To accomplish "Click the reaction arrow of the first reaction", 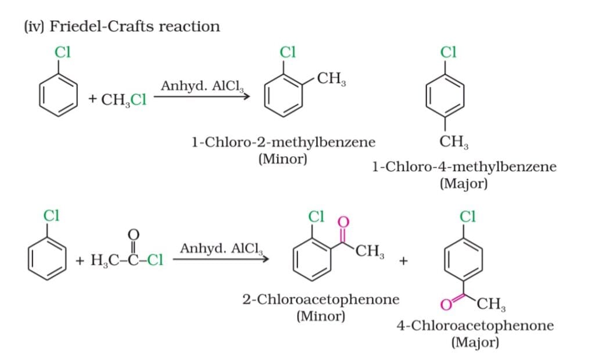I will tap(201, 96).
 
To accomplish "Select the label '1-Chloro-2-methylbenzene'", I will tap(283, 142).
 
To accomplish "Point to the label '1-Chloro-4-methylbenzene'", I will tap(464, 167).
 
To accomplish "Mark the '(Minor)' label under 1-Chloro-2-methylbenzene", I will tap(282, 159).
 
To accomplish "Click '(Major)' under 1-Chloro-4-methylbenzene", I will tap(464, 184).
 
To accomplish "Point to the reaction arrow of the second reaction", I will tap(220, 259).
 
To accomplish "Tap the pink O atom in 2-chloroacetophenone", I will tap(342, 222).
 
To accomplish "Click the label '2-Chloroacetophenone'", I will tap(321, 300).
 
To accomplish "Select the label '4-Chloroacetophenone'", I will tap(475, 325).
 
